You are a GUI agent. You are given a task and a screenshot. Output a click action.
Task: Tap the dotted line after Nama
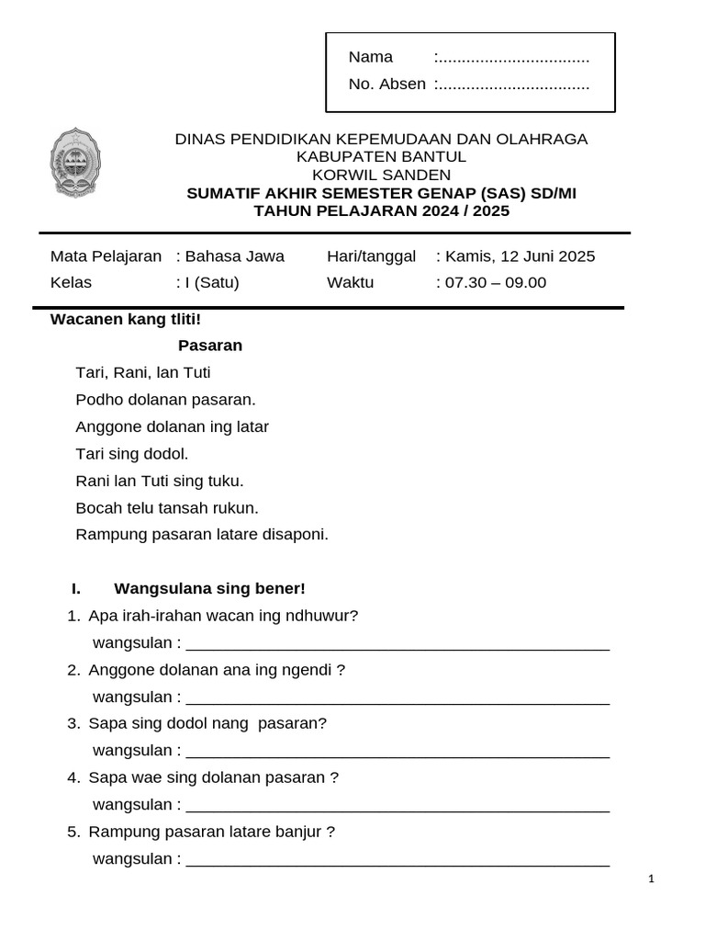[512, 59]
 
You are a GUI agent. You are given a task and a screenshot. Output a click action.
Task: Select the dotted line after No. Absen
[512, 85]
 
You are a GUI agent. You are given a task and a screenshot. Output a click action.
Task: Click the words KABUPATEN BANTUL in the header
[381, 157]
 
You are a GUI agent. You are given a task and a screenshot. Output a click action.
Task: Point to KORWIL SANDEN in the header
[381, 175]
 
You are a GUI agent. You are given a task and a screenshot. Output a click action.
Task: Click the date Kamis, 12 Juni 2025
[520, 256]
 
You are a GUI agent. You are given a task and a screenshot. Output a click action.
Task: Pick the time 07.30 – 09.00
[496, 283]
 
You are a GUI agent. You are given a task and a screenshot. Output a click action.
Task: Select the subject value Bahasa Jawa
[235, 256]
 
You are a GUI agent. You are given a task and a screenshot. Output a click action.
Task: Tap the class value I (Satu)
[212, 283]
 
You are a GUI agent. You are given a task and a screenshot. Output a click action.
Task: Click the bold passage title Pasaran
[210, 346]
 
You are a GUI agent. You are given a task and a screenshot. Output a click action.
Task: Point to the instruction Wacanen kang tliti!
[125, 320]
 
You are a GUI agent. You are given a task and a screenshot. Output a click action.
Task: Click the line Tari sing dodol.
[132, 454]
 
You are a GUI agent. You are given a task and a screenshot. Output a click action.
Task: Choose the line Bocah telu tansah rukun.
[167, 508]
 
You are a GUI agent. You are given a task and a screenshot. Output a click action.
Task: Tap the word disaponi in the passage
[297, 535]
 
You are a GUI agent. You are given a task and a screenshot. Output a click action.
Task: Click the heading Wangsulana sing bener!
[209, 589]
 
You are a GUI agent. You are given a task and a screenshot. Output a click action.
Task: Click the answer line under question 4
[397, 808]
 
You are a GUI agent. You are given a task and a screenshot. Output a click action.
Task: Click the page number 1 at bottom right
[651, 879]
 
